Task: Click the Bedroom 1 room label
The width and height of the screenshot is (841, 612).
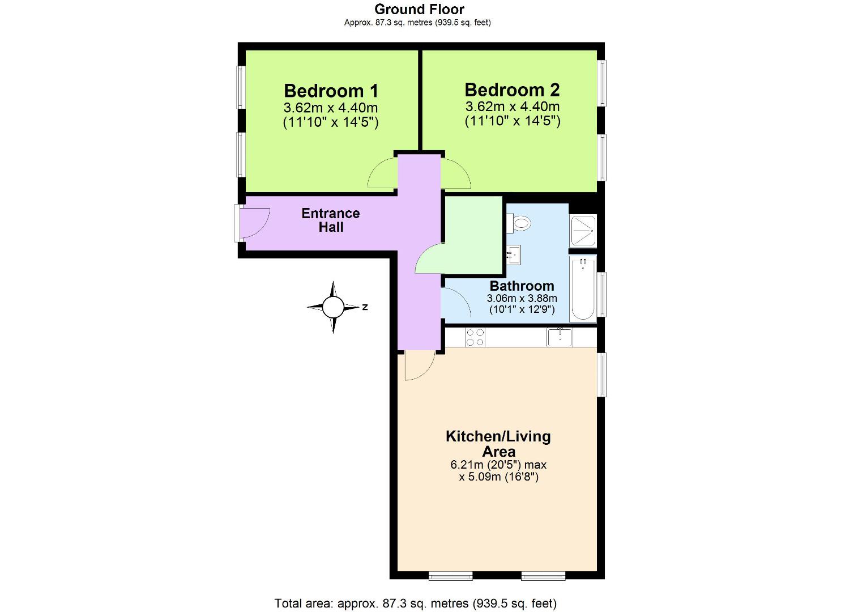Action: pos(331,91)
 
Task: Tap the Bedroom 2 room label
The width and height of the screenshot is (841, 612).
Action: pos(512,90)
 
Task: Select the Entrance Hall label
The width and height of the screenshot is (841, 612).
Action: pos(331,220)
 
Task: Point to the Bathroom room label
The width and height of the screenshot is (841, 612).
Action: pos(522,286)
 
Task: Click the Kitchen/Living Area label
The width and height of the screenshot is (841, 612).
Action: pos(498,444)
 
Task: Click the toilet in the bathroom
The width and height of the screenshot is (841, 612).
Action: pos(519,223)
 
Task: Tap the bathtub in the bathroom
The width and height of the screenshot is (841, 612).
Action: pos(583,288)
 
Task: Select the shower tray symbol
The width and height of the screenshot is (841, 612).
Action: pos(583,231)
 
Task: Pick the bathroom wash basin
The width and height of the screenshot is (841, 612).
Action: pos(514,254)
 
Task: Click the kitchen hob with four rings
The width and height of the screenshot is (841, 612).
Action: pos(475,337)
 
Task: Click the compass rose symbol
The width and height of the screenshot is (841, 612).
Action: pos(333,307)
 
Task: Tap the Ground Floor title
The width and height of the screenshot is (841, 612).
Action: pos(419,9)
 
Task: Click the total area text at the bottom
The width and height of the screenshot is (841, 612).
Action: pos(416,603)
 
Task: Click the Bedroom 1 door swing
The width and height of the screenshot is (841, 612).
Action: pos(382,175)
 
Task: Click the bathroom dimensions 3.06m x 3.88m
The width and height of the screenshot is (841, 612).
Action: pos(522,298)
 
